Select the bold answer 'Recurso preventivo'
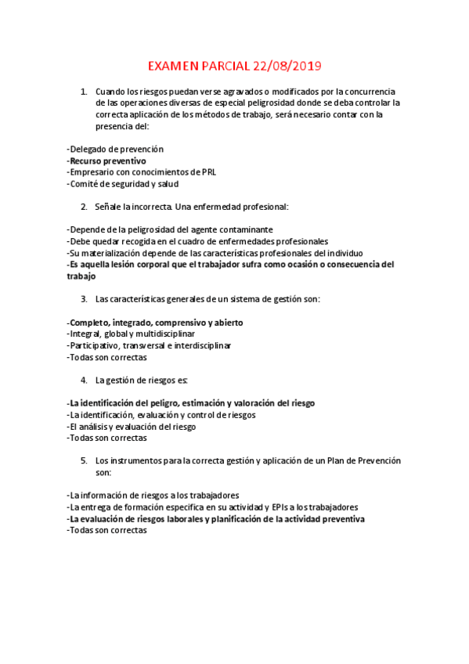[x=107, y=161]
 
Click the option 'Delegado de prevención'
[x=116, y=149]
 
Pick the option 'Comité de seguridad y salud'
[x=124, y=184]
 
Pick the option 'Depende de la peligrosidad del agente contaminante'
[x=171, y=230]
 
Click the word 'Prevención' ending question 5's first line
[x=379, y=461]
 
